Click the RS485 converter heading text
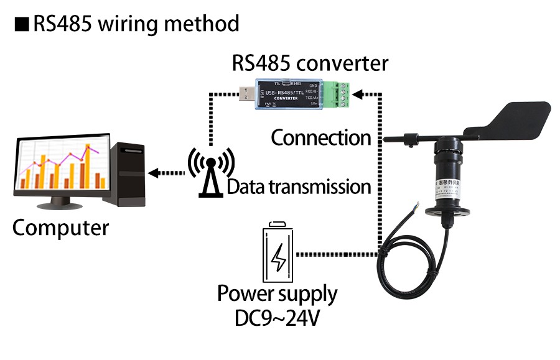coord(309,63)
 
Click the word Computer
coord(60,228)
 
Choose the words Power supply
coord(277,293)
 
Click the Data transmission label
coord(299,187)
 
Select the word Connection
coord(320,137)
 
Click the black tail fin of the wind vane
coord(520,119)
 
